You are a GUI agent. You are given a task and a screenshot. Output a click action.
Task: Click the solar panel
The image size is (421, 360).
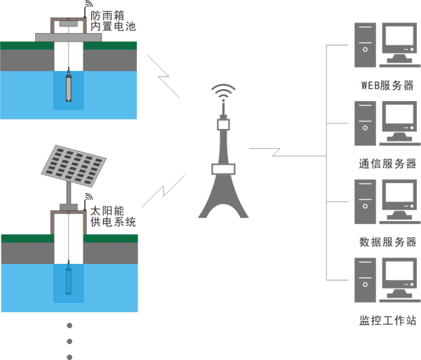[x=73, y=166]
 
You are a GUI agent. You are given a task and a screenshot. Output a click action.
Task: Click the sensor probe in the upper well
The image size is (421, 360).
[x=68, y=86]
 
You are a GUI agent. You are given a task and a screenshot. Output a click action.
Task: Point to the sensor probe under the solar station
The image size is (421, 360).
[x=69, y=279]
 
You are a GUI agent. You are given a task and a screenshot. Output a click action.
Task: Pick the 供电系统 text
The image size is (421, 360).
[x=112, y=222]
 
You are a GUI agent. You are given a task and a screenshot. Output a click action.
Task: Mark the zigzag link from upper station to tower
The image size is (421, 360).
[x=164, y=74]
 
